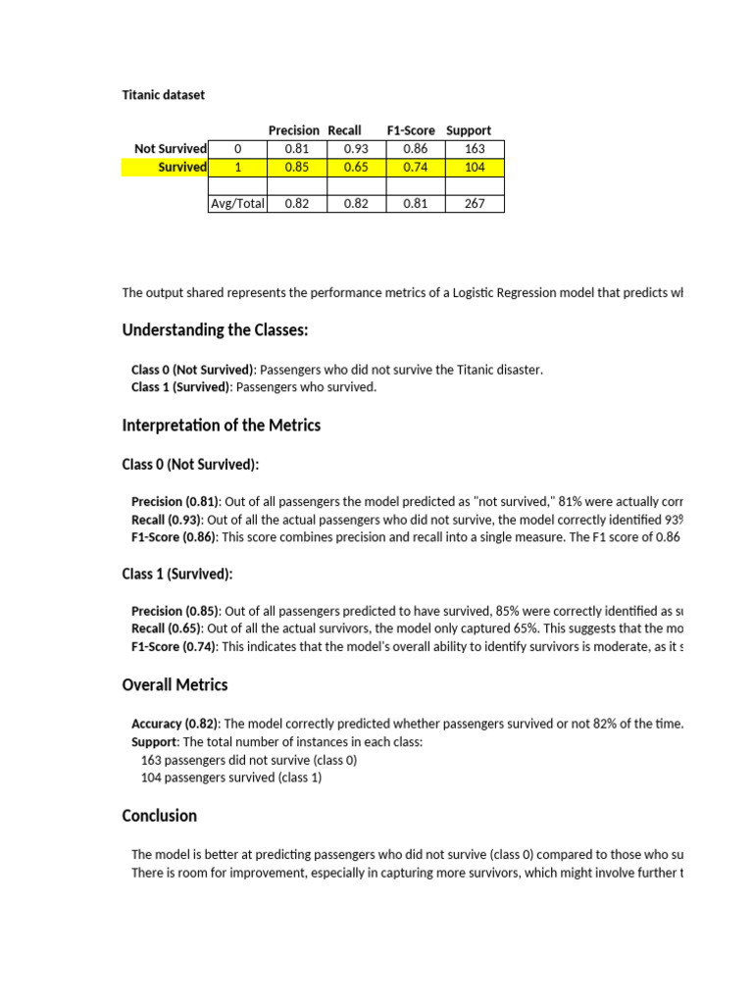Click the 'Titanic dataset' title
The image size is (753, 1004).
pos(164,95)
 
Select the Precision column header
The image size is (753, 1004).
pos(294,130)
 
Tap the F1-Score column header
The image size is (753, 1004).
pos(411,130)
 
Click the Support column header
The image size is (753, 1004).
pos(469,130)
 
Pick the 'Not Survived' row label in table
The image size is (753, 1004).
pos(171,149)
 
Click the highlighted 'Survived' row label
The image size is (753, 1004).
pos(182,168)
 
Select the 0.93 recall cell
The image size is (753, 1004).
pos(356,149)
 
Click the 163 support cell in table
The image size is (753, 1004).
pos(475,149)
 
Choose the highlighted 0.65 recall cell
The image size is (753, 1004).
pos(356,168)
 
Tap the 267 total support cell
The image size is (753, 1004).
pos(475,204)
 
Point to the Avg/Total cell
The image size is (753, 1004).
pos(237,204)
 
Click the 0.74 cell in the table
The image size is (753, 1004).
pos(415,168)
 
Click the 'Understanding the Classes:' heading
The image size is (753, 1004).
pos(215,330)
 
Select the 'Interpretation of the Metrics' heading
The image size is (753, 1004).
pos(221,426)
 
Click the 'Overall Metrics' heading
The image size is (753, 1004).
pos(175,684)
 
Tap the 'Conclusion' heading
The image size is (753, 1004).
pos(159,816)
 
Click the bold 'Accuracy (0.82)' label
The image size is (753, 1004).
pos(176,724)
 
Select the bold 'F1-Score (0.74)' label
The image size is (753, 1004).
pos(175,646)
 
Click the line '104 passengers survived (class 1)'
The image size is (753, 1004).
pos(231,778)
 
